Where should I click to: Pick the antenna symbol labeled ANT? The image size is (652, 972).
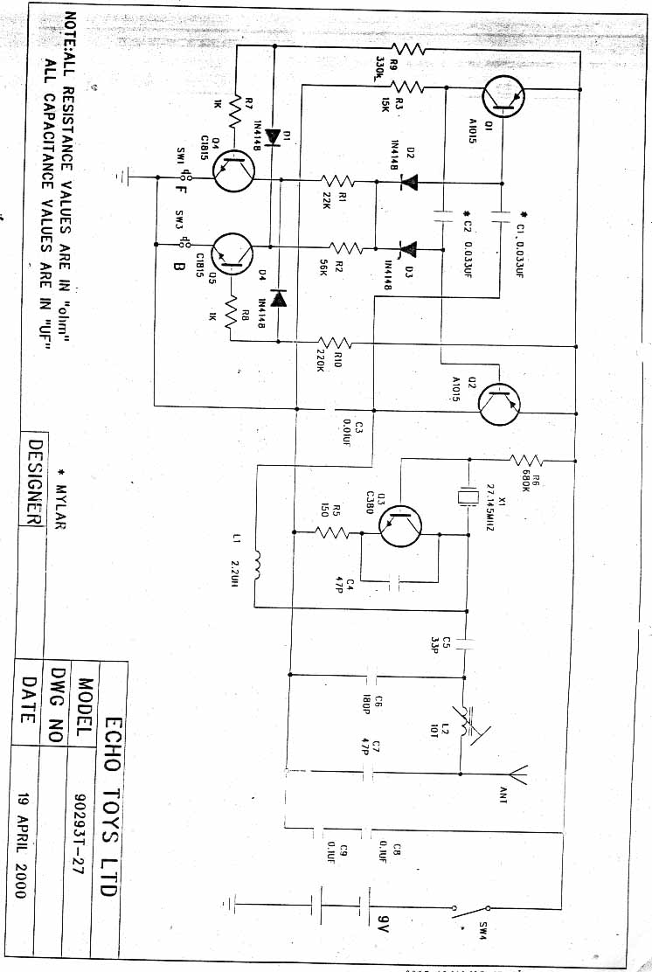(x=517, y=774)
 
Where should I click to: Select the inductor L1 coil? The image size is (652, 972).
(x=258, y=564)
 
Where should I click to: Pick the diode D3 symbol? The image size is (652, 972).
(x=407, y=249)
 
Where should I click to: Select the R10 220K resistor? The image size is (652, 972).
(x=335, y=341)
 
